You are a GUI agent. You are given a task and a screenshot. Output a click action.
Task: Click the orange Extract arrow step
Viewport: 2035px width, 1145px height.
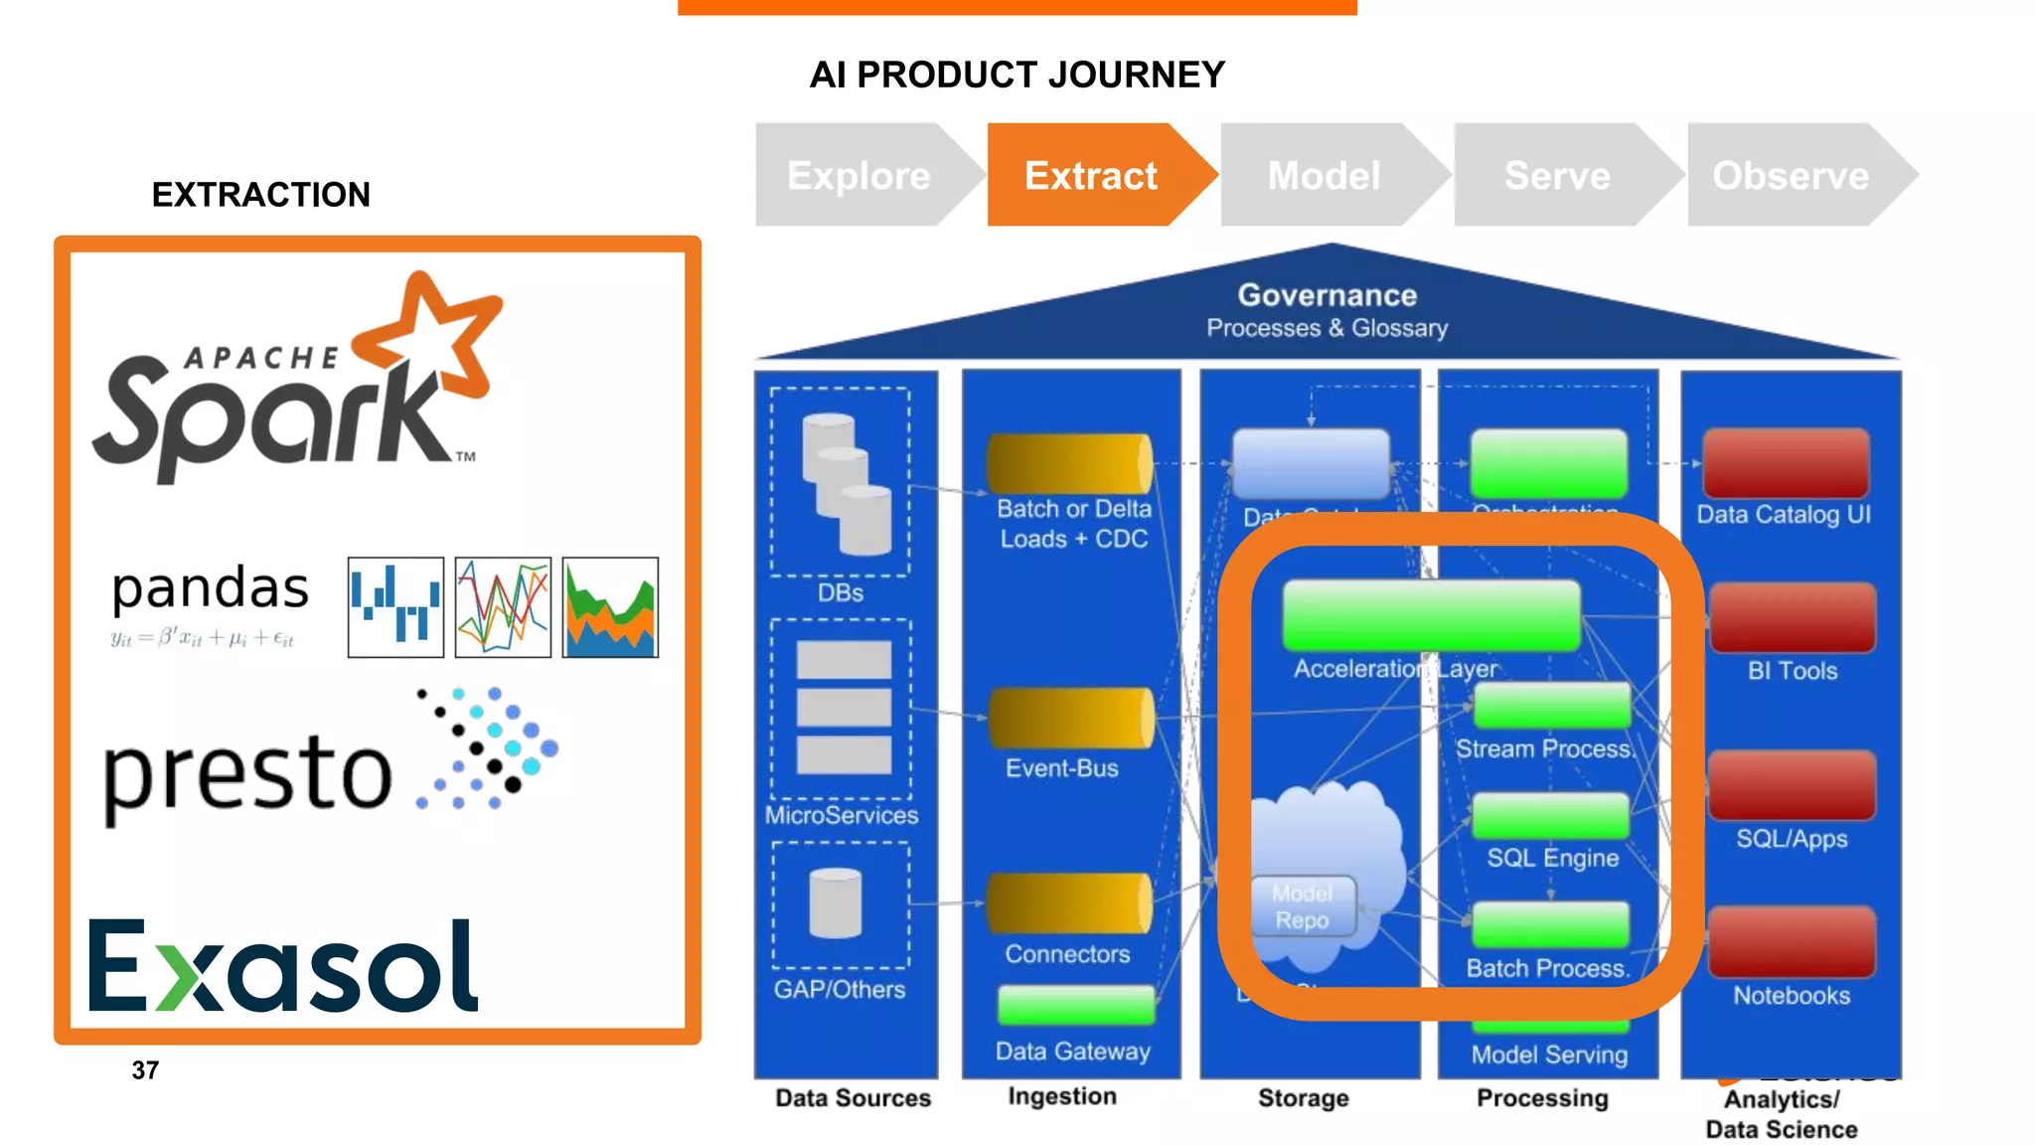1090,176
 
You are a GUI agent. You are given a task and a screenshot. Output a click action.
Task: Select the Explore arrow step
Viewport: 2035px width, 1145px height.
859,176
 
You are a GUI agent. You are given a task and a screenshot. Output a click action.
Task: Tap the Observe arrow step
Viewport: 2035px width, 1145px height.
1791,176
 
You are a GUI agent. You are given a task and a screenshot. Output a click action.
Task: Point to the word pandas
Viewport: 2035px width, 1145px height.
210,588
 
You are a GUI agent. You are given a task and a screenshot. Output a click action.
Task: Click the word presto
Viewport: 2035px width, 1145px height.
247,774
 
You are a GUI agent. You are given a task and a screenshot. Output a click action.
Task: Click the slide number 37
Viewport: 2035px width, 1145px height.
145,1070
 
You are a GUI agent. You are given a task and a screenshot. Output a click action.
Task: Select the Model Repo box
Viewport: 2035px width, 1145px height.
1302,906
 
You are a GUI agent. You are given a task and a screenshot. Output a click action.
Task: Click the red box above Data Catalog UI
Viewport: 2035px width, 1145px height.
1786,463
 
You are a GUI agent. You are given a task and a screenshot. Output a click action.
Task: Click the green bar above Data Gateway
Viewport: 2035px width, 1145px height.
1076,1005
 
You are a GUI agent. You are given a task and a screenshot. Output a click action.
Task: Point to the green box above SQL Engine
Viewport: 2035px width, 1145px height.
1550,816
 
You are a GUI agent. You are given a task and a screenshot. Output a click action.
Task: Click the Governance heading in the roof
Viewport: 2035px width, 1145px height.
1327,295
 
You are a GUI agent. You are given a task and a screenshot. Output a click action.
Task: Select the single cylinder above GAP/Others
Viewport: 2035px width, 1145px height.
836,903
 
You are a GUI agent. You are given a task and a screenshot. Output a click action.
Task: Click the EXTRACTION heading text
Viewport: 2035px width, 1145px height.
260,195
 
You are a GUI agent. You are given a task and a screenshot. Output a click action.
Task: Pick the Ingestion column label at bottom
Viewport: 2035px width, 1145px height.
1061,1096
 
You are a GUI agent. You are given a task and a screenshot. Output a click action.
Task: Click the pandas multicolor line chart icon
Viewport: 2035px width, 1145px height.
503,607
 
